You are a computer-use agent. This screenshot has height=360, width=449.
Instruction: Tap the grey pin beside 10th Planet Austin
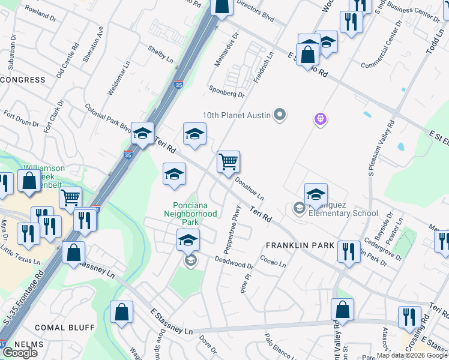pyautogui.click(x=279, y=114)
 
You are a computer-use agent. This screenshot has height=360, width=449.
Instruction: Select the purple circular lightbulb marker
pyautogui.click(x=321, y=119)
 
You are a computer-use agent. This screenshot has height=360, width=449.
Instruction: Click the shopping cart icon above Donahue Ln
pyautogui.click(x=228, y=162)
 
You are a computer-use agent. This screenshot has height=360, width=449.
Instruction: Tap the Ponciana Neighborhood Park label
pyautogui.click(x=190, y=213)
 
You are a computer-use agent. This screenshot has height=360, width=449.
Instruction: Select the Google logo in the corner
pyautogui.click(x=20, y=352)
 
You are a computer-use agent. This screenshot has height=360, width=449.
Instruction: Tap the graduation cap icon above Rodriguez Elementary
pyautogui.click(x=316, y=194)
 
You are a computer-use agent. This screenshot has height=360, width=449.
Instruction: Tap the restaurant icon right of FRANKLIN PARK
pyautogui.click(x=349, y=252)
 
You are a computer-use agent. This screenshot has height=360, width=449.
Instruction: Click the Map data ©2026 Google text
pyautogui.click(x=412, y=355)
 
